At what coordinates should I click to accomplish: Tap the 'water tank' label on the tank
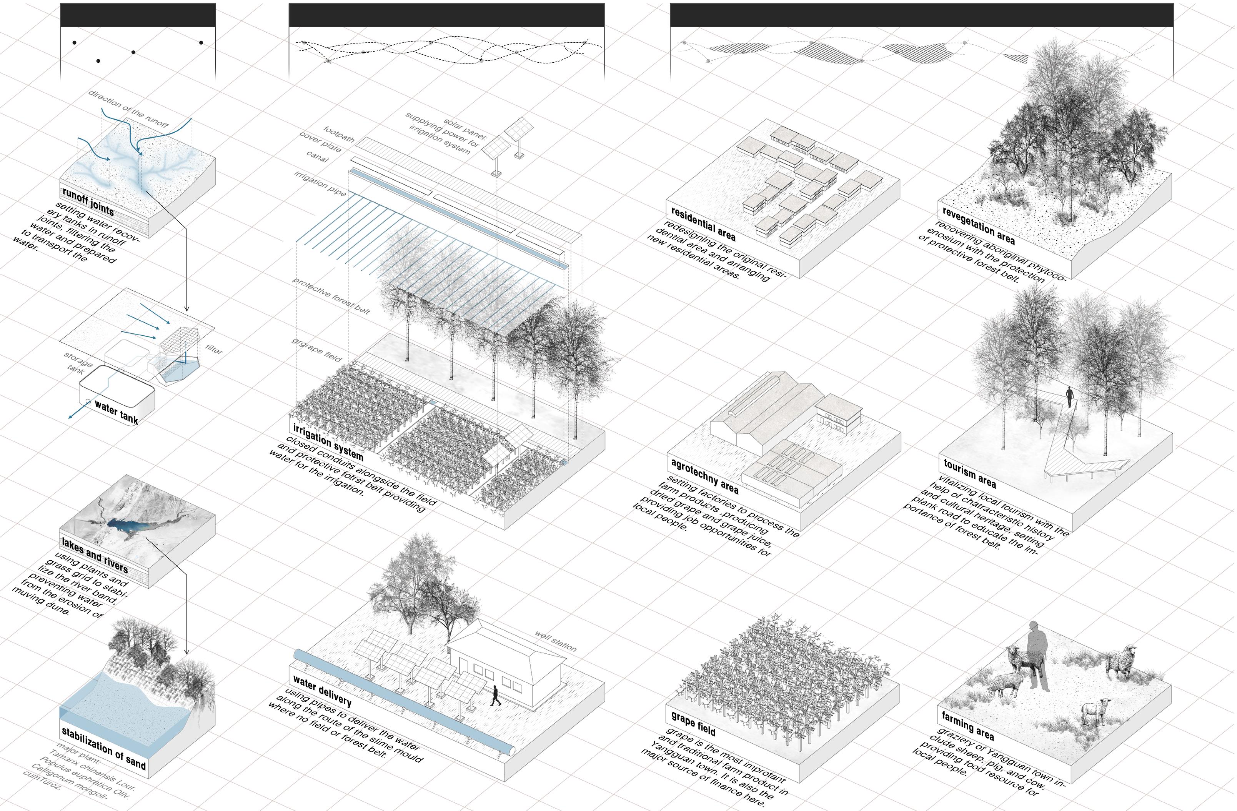tap(117, 413)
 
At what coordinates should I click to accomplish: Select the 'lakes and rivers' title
tap(95, 555)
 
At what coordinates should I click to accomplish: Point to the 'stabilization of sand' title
tap(104, 748)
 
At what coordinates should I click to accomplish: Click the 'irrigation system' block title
tap(328, 442)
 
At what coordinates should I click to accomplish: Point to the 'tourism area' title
tap(970, 473)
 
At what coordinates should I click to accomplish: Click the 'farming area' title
tap(968, 726)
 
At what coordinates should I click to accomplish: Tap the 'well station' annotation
tap(556, 641)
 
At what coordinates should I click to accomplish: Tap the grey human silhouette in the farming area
tap(1037, 655)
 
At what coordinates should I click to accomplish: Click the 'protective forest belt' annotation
tap(331, 295)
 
